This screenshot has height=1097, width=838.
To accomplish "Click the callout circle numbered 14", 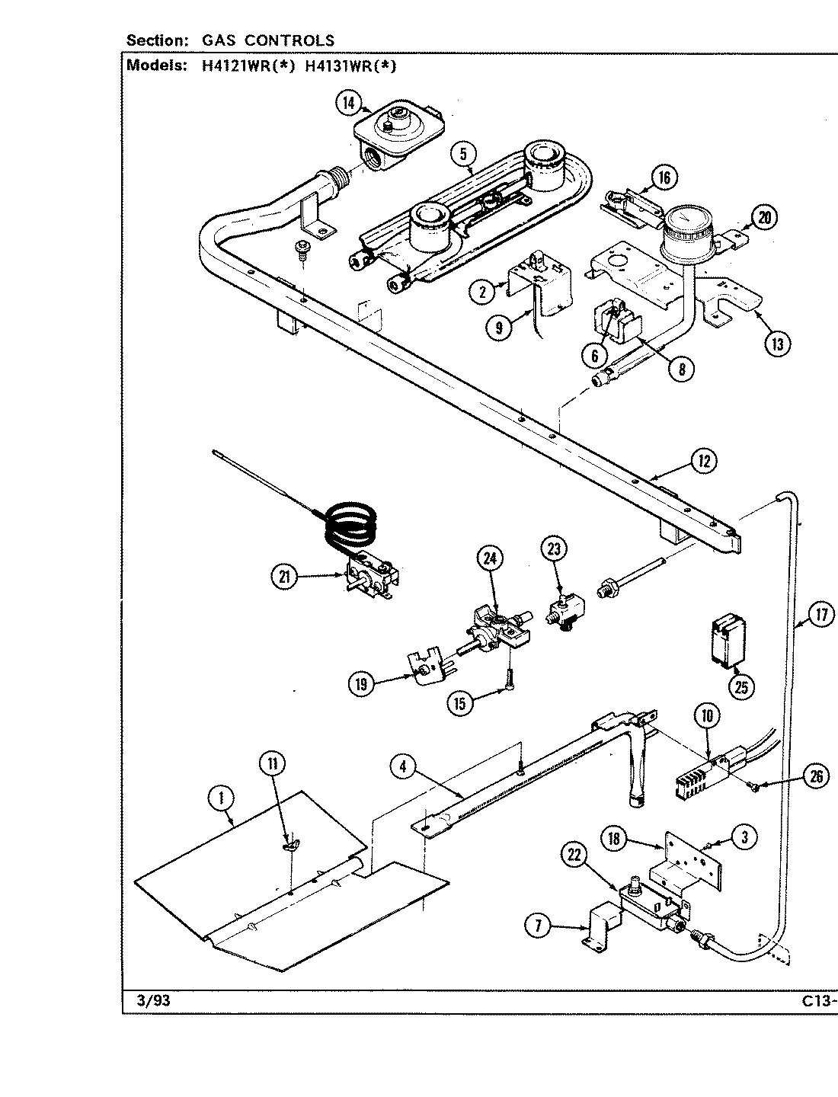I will click(x=349, y=102).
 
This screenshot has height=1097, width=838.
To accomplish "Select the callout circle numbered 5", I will click(x=462, y=154).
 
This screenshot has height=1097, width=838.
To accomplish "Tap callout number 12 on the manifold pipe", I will click(x=704, y=460).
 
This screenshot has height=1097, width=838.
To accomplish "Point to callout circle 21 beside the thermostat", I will click(x=284, y=577).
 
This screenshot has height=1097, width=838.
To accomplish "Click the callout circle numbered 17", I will click(x=820, y=614).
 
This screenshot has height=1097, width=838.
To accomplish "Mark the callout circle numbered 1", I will click(x=220, y=798).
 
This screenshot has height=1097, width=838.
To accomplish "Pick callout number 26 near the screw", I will click(x=817, y=777).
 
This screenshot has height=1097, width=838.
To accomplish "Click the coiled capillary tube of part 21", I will click(x=353, y=522).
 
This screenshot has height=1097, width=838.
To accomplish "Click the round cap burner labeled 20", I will click(x=689, y=229).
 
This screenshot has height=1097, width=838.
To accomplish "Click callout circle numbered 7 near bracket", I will click(x=538, y=926).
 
